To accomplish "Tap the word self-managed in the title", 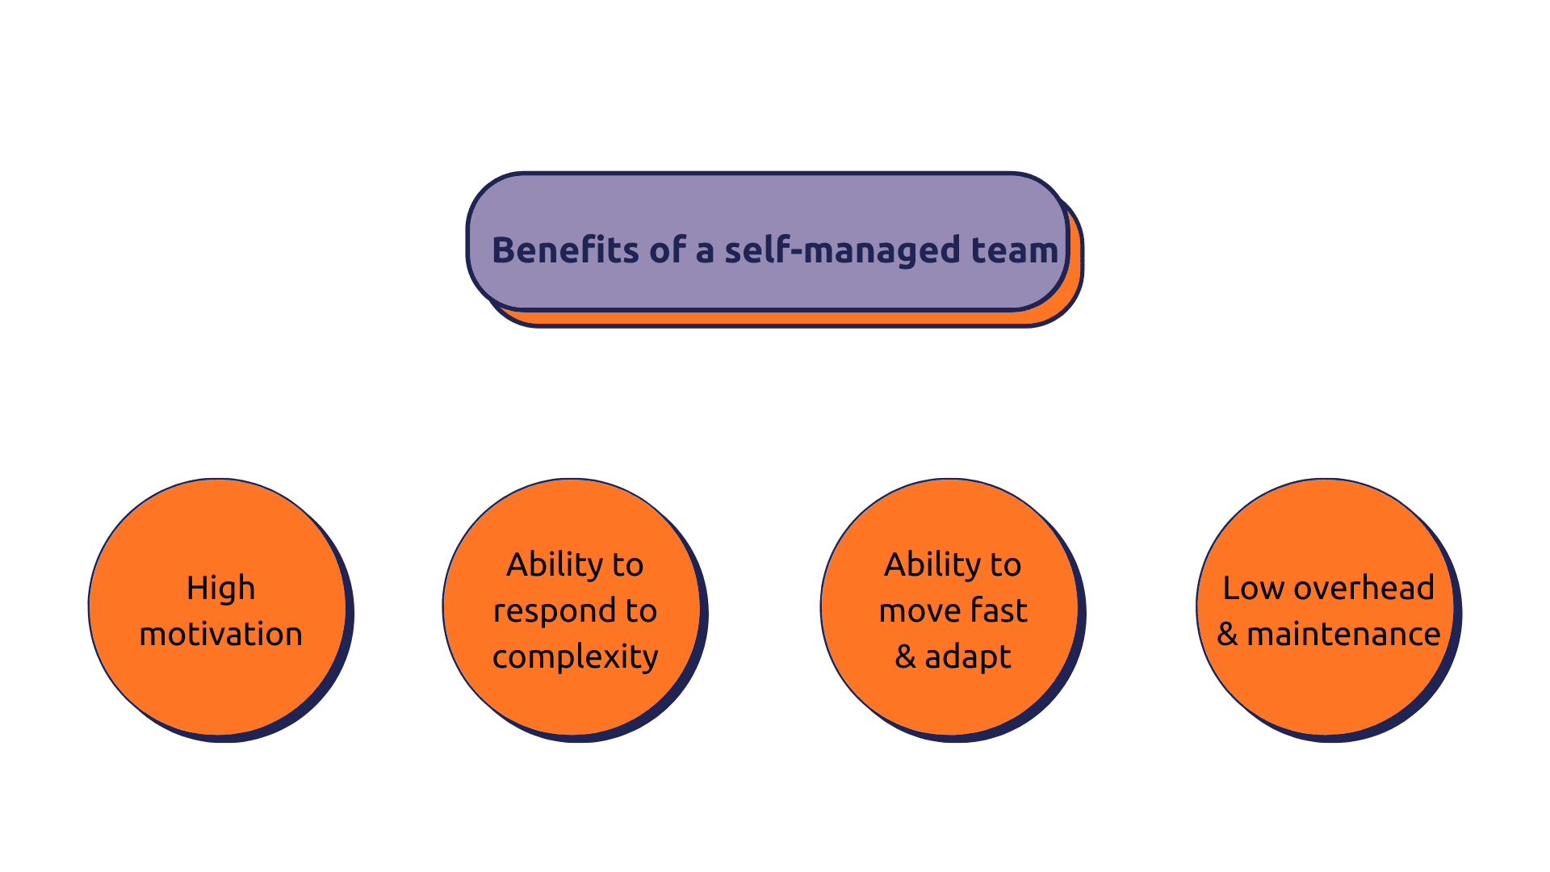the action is point(843,251).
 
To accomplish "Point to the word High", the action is point(220,589).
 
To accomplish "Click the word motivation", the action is point(220,634).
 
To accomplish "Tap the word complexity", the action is point(575,657).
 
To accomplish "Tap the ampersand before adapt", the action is point(905,657).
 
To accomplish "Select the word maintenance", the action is point(1343,635).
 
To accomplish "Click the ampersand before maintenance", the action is point(1227,634).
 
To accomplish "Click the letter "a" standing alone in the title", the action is point(705,253).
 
